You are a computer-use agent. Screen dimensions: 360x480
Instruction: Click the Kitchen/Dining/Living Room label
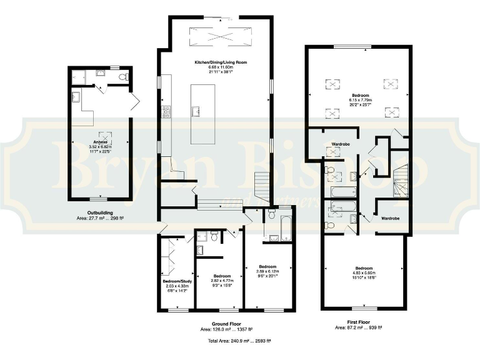216,62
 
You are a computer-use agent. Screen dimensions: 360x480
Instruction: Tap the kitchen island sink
196,112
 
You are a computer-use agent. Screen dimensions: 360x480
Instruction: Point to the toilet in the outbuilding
124,77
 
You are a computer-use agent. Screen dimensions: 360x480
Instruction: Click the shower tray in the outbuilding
80,76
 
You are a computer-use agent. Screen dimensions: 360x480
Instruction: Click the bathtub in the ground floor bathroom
286,228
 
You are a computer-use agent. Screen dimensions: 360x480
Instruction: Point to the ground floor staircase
262,186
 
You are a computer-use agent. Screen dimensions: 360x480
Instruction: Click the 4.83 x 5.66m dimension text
364,272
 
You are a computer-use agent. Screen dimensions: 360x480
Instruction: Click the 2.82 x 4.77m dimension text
222,281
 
